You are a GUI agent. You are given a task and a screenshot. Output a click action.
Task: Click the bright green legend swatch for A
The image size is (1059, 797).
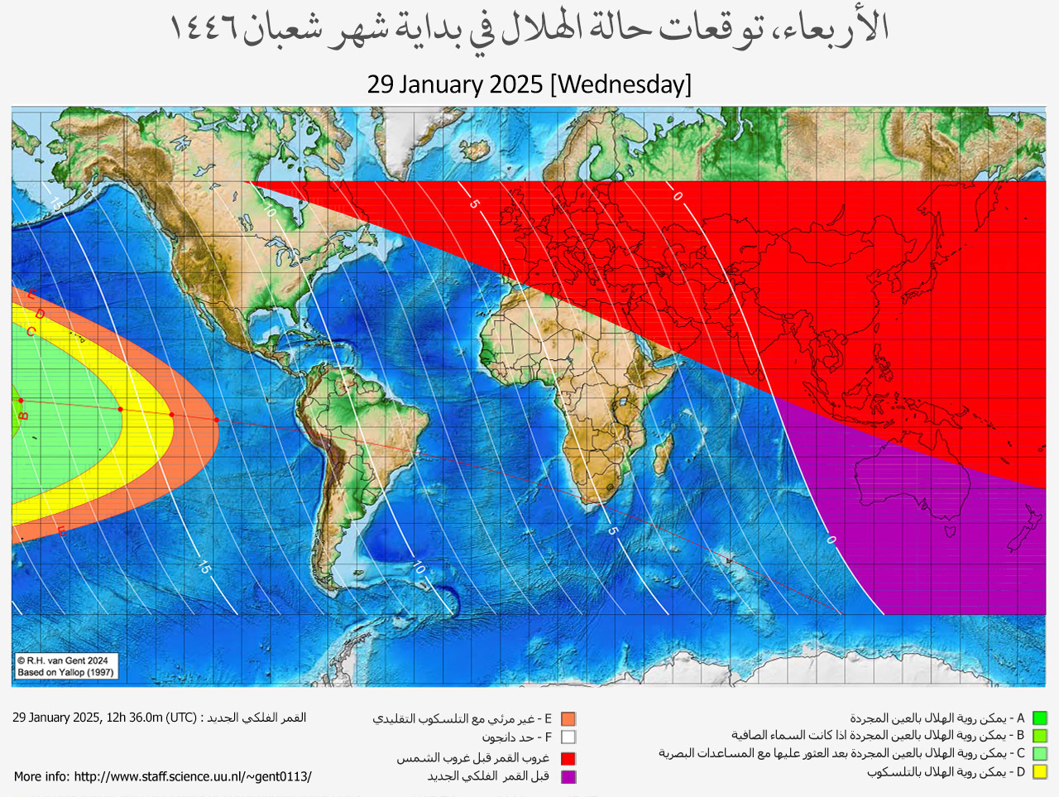(1039, 718)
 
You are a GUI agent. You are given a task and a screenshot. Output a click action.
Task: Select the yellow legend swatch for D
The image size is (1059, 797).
(1039, 772)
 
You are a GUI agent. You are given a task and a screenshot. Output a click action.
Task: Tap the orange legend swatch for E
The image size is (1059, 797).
(568, 719)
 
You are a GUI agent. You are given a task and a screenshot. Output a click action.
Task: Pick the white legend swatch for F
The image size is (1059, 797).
(568, 737)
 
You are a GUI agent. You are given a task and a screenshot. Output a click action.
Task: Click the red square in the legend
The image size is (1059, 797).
(568, 758)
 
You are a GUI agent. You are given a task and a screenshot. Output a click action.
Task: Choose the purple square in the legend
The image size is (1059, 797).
(568, 776)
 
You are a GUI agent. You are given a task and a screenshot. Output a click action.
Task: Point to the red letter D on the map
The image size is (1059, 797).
(40, 314)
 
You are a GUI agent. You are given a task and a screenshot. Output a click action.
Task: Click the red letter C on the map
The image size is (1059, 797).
(31, 332)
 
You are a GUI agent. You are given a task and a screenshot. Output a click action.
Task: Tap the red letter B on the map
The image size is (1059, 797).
(24, 415)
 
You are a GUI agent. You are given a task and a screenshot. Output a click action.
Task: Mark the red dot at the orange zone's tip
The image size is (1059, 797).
(217, 420)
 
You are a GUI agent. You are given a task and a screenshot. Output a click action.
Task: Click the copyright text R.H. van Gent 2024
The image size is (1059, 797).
(63, 660)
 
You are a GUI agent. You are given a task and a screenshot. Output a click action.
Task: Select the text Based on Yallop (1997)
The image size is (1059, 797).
(65, 672)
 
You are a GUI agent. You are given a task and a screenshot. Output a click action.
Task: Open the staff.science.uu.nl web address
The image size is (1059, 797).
(192, 776)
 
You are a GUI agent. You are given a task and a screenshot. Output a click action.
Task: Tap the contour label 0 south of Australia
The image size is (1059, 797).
(831, 540)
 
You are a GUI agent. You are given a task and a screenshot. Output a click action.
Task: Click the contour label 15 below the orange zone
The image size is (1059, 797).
(204, 567)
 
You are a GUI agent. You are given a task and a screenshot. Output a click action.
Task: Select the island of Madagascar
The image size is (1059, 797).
(662, 453)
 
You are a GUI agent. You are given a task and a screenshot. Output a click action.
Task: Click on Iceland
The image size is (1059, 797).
(477, 151)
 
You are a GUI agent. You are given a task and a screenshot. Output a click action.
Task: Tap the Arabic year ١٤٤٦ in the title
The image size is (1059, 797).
(204, 30)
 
